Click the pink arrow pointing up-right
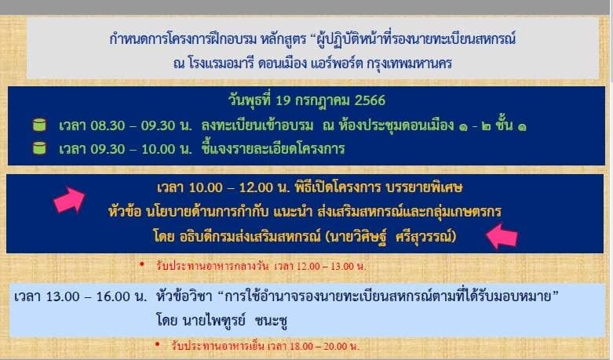coord(69,199)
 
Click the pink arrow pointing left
coord(502,236)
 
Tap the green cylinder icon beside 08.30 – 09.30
coord(39,125)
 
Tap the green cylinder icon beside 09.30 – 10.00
coord(39,148)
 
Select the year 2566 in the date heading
coord(370,100)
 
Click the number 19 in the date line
coord(283,100)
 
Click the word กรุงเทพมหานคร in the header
coord(409,63)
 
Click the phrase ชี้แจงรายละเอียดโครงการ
coord(273,149)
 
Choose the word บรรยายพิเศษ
coord(424,187)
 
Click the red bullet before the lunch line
coord(142,265)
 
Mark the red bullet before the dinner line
coord(158,344)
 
